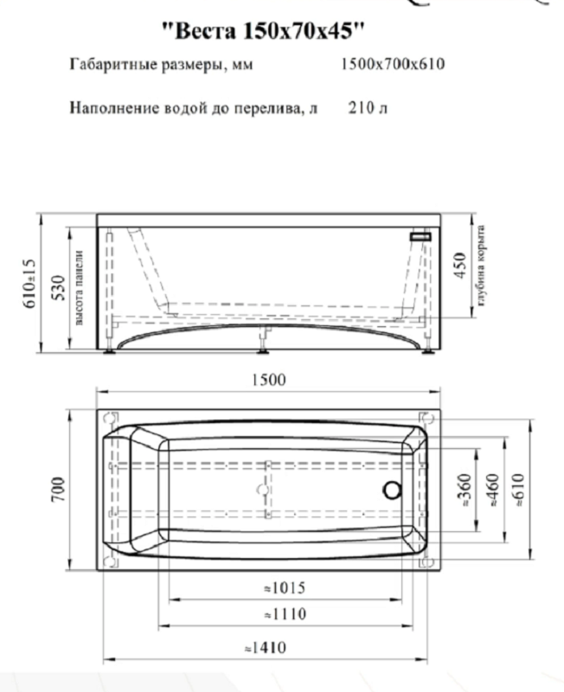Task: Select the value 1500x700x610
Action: pyautogui.click(x=393, y=65)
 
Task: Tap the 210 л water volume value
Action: pyautogui.click(x=368, y=109)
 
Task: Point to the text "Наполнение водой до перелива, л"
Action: pyautogui.click(x=195, y=109)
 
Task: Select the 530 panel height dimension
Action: pyautogui.click(x=59, y=286)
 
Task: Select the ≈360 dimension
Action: pyautogui.click(x=464, y=490)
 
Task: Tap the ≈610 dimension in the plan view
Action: pyautogui.click(x=519, y=490)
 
